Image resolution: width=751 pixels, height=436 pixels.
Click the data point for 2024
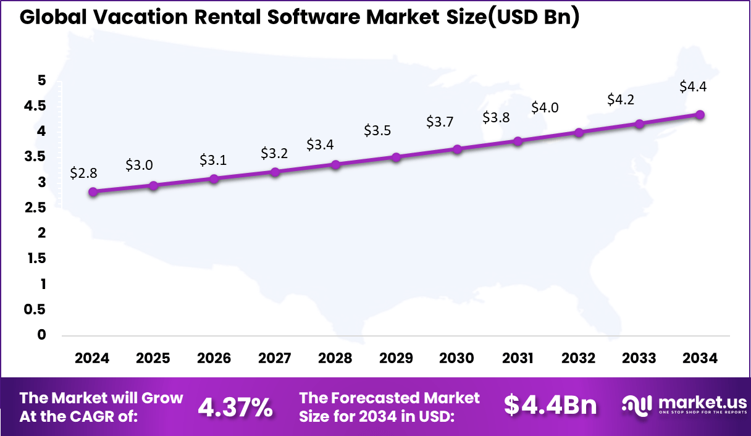coord(93,192)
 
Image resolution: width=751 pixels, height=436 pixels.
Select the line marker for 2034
coord(700,115)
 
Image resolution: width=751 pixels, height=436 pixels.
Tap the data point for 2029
coord(396,157)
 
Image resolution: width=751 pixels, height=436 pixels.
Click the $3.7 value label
coord(440,122)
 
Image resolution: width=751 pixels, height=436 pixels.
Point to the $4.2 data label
coord(621,99)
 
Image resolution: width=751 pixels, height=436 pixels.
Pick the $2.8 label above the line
coord(83,173)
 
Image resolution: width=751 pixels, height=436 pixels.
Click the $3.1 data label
coord(213,161)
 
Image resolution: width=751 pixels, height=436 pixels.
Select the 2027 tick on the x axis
coord(274,359)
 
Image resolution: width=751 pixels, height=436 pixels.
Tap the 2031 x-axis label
coord(518,359)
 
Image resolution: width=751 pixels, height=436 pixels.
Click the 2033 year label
coord(639,359)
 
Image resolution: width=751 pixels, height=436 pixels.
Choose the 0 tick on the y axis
coord(42,335)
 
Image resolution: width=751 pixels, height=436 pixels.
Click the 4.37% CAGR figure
coord(235,407)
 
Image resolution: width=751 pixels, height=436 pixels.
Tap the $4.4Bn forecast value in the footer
coord(550,405)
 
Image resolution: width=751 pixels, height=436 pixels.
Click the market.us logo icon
coord(637,405)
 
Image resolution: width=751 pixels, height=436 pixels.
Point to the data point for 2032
coord(579,133)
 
